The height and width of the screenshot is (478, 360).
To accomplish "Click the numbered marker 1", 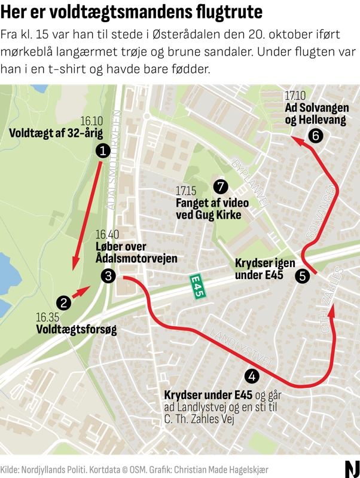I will pyautogui.click(x=104, y=151).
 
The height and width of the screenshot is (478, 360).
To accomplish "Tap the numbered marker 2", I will pyautogui.click(x=64, y=302).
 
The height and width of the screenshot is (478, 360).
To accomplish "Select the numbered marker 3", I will pyautogui.click(x=108, y=275).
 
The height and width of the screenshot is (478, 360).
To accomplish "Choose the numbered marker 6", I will pyautogui.click(x=316, y=136).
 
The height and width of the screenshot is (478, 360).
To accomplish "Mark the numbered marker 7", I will pyautogui.click(x=221, y=186).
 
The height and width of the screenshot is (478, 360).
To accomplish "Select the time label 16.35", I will pyautogui.click(x=47, y=317).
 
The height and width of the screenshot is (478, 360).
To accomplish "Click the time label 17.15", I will pyautogui.click(x=186, y=191).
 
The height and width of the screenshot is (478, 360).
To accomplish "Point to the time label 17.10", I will pyautogui.click(x=295, y=96).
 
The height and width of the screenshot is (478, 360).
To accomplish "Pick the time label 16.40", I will pyautogui.click(x=107, y=234).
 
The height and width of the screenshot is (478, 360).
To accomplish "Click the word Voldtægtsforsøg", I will pyautogui.click(x=76, y=329).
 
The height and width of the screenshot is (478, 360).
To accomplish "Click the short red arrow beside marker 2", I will pyautogui.click(x=80, y=292).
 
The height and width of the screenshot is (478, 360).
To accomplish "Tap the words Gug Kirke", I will pyautogui.click(x=219, y=215).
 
